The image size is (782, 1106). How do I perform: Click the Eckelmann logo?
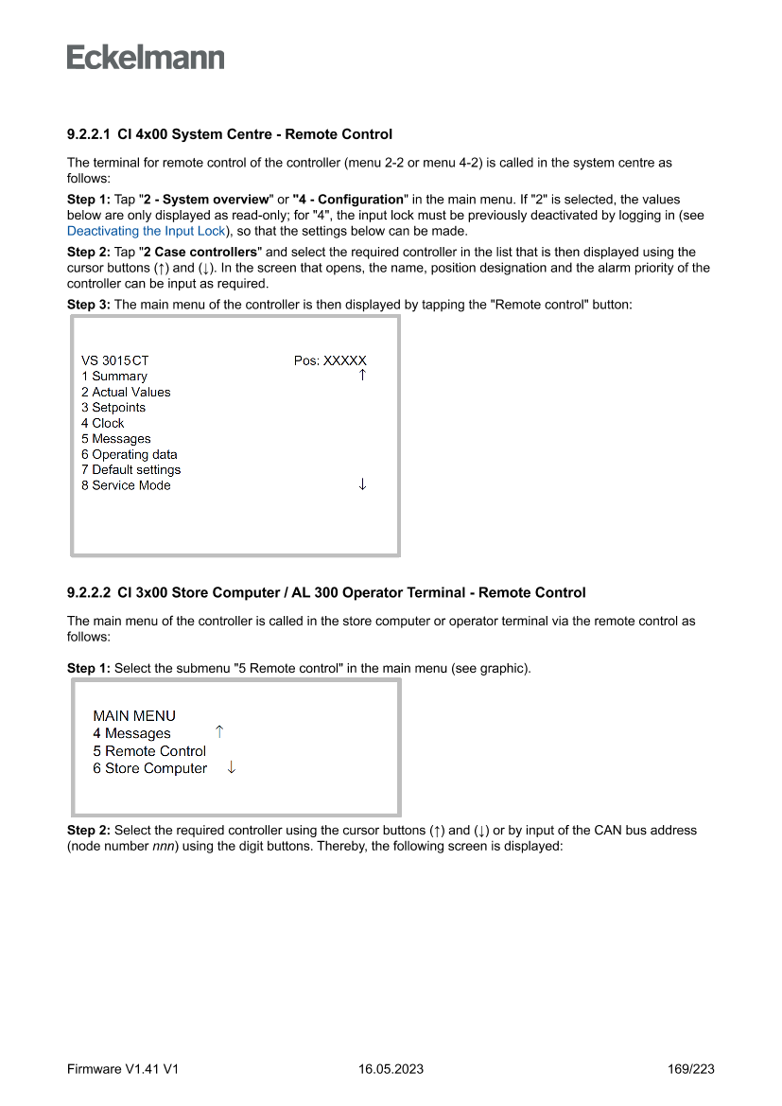tap(146, 58)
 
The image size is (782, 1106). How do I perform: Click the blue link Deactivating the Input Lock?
tap(147, 231)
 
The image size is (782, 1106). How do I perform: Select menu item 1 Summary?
tap(114, 377)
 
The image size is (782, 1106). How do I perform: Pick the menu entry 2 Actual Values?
tap(126, 392)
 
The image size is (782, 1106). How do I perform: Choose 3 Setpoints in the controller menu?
tap(113, 408)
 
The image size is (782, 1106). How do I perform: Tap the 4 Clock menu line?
tap(102, 423)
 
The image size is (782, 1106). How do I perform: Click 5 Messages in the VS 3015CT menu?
tap(116, 439)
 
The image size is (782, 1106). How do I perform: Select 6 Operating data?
tap(130, 454)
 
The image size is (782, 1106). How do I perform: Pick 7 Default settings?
tap(130, 470)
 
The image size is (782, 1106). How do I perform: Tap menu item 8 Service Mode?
tap(126, 485)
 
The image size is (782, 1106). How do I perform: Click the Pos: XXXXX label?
tap(330, 360)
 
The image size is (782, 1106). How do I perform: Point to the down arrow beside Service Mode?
tap(362, 484)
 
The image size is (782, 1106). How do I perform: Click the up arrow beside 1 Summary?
tap(362, 376)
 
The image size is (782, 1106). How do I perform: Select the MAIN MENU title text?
tap(134, 716)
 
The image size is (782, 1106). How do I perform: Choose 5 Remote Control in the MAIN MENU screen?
tap(149, 751)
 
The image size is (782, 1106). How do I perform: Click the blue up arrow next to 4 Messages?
tap(219, 732)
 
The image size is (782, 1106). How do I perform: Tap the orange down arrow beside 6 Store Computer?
tap(232, 768)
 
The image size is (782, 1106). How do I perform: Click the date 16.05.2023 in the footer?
tap(391, 1069)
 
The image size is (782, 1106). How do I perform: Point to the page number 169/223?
tap(690, 1069)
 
